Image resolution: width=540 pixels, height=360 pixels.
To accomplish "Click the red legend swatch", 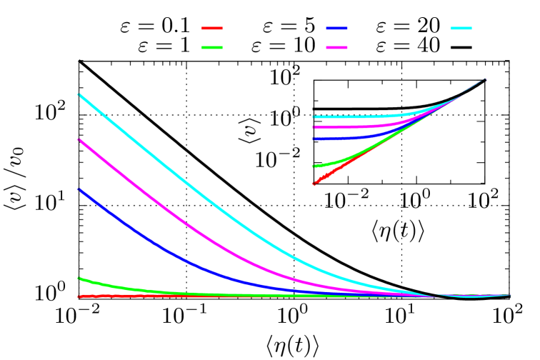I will (x=212, y=28).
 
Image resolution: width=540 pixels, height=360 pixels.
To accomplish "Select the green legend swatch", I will (x=212, y=47).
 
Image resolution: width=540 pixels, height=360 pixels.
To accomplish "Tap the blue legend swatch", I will (x=336, y=28).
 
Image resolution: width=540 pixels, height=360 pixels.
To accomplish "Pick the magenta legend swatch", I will (x=336, y=47).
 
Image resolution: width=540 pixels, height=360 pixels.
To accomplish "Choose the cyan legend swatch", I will (x=461, y=28).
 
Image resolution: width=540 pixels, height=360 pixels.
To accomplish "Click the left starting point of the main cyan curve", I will (x=79, y=94).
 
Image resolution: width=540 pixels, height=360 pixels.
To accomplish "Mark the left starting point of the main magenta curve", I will (x=79, y=140).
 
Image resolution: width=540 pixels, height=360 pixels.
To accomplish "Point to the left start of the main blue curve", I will (x=79, y=189).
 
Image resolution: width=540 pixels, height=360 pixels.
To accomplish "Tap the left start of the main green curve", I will (x=79, y=278).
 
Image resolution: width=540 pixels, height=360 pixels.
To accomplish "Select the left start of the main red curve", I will (x=79, y=296).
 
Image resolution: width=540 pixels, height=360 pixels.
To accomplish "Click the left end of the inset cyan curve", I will (x=314, y=116).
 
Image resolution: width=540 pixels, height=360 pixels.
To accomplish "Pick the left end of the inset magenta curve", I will (x=314, y=127).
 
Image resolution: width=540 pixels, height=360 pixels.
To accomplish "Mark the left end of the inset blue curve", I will (x=314, y=139).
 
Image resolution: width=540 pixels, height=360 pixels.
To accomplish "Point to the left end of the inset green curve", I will (x=314, y=166).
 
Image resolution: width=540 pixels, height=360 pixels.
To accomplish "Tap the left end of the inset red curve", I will (x=314, y=184).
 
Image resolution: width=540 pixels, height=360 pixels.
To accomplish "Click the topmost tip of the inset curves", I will (x=485, y=79).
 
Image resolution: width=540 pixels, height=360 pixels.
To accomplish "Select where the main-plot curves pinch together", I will (x=436, y=296).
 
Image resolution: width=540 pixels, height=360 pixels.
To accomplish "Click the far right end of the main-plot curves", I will (x=510, y=294).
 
